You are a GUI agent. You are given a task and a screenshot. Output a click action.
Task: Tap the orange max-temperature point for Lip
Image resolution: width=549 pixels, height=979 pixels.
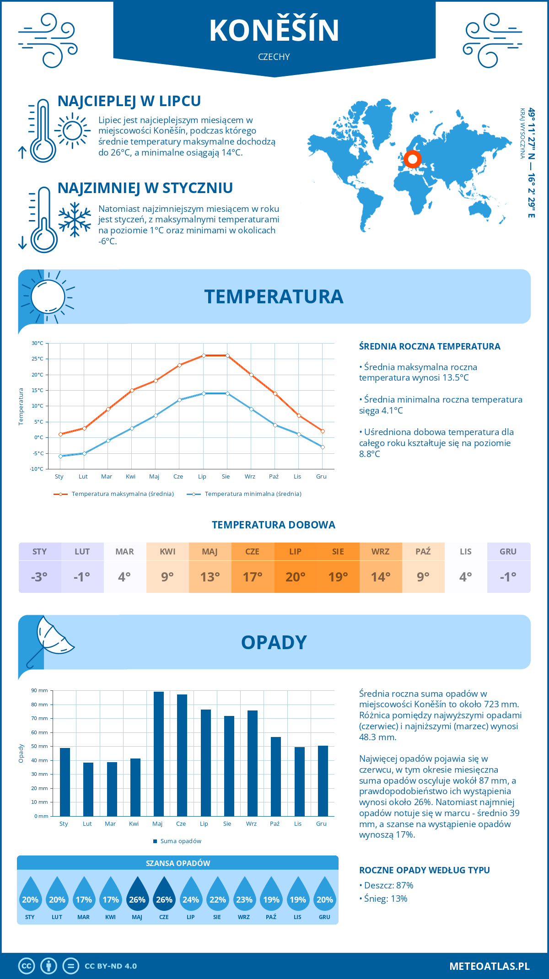coord(204,355)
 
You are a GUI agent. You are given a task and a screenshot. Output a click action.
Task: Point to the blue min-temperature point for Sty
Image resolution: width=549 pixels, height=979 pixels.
coord(60,456)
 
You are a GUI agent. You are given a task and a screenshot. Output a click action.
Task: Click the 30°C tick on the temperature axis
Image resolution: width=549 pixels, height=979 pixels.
coord(38,343)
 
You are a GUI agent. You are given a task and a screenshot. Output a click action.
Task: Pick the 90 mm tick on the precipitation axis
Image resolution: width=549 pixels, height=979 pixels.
coord(40,690)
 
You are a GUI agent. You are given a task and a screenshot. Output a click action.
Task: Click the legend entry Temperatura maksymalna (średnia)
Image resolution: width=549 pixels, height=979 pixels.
coord(114,494)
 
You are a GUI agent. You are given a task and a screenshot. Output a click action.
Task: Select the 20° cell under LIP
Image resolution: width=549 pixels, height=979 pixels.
coord(295,577)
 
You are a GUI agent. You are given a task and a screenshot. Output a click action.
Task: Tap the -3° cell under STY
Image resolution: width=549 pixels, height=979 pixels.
coord(39,577)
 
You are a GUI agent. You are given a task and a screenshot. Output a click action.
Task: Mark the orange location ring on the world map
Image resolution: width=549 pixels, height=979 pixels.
coord(413,159)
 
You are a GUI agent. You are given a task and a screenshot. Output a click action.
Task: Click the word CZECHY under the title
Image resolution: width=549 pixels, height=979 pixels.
coord(274,57)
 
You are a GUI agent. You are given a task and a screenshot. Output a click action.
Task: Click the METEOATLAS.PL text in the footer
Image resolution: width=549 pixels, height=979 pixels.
coord(489,966)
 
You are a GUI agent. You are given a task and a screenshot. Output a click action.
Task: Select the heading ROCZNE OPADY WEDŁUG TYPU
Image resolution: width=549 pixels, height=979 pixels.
coord(424,870)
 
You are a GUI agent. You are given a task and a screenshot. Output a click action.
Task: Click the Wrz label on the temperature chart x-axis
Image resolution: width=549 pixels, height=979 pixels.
coord(250,477)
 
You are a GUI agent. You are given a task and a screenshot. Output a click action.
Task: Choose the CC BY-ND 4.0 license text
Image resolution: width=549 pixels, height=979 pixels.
coord(111,966)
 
